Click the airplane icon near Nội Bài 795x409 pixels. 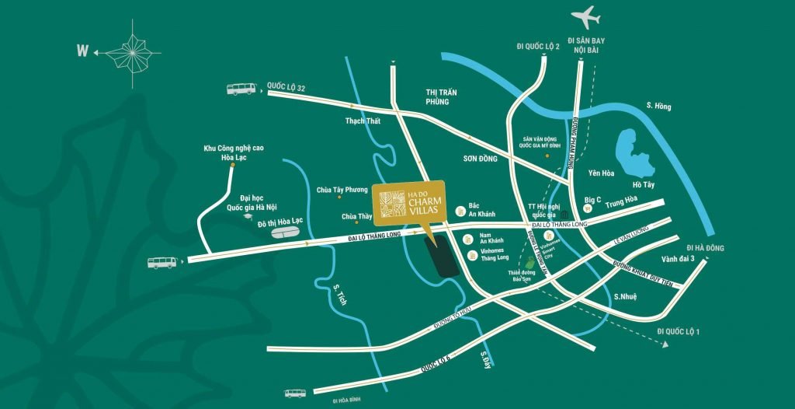tap(586, 16)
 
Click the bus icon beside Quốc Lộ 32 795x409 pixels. tap(241, 89)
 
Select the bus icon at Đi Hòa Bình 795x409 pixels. tap(296, 393)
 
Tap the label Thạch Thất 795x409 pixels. tap(364, 121)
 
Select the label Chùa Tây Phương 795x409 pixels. tap(341, 190)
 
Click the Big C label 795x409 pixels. tap(592, 199)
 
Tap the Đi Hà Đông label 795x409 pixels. tap(705, 247)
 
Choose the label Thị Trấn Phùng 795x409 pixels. tap(441, 97)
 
